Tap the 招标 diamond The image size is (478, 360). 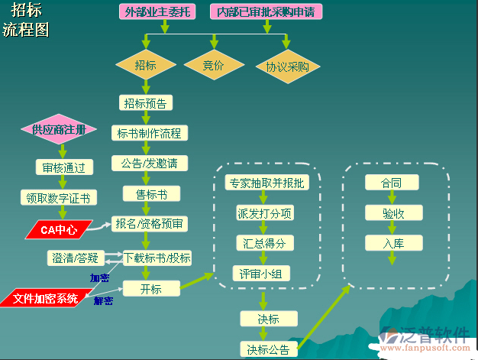pyautogui.click(x=145, y=66)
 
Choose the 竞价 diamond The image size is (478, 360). pyautogui.click(x=213, y=66)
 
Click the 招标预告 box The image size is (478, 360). pyautogui.click(x=145, y=102)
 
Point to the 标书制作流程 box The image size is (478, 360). pyautogui.click(x=149, y=133)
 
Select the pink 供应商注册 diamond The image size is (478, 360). pyautogui.click(x=59, y=129)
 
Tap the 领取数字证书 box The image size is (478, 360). pyautogui.click(x=59, y=198)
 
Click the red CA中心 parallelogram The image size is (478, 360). pyautogui.click(x=58, y=229)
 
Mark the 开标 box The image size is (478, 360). pyautogui.click(x=151, y=288)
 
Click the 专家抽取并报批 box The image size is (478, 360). pyautogui.click(x=266, y=183)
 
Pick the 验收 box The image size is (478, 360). pyautogui.click(x=392, y=212)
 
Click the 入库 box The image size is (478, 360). pyautogui.click(x=392, y=243)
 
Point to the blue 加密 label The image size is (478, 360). pyautogui.click(x=99, y=278)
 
